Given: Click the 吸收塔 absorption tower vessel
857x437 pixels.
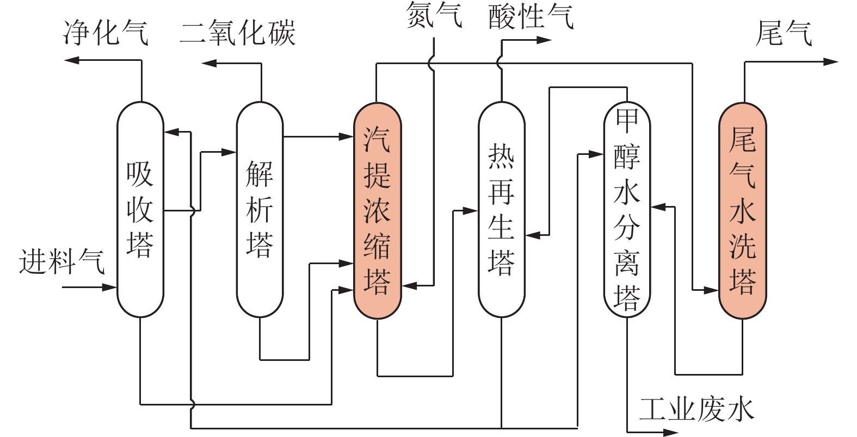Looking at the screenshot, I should (140, 209).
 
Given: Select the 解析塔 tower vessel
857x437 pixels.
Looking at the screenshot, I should (260, 209).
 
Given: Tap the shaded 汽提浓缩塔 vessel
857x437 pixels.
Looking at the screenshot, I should (378, 209).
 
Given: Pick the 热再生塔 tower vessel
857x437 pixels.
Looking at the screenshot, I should (501, 209).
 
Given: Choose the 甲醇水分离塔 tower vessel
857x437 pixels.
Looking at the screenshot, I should (627, 209).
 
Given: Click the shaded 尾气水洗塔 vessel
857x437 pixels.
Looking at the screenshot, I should (743, 209).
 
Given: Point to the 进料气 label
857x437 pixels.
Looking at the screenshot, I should (61, 261).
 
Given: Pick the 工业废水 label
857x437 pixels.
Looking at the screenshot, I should (696, 409).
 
